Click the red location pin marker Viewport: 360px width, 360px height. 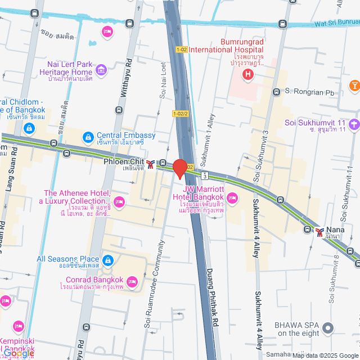pyautogui.click(x=180, y=169)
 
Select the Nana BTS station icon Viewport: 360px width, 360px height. pyautogui.click(x=320, y=231)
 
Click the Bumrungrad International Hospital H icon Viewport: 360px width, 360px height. pyautogui.click(x=246, y=74)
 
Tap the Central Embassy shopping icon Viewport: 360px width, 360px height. pyautogui.click(x=88, y=137)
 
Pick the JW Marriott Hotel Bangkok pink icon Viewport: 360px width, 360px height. pyautogui.click(x=233, y=197)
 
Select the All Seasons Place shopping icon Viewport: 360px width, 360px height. pyautogui.click(x=108, y=260)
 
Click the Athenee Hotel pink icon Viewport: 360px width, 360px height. pyautogui.click(x=119, y=202)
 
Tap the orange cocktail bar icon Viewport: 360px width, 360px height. pyautogui.click(x=354, y=85)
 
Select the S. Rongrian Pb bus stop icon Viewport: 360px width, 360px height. pyautogui.click(x=276, y=92)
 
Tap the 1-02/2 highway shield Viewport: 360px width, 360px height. pyautogui.click(x=180, y=114)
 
